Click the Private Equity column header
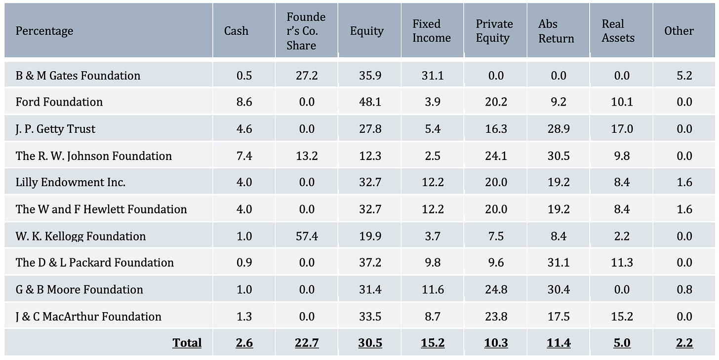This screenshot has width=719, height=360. pyautogui.click(x=494, y=31)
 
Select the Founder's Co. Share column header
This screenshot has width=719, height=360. pyautogui.click(x=306, y=31)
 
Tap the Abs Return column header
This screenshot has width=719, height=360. pyautogui.click(x=556, y=31)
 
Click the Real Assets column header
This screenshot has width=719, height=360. pyautogui.click(x=618, y=31)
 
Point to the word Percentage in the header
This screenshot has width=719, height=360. pyautogui.click(x=44, y=31)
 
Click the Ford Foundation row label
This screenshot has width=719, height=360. pyautogui.click(x=59, y=102)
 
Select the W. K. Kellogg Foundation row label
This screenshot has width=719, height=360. pyautogui.click(x=80, y=236)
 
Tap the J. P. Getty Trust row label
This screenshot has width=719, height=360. pyautogui.click(x=55, y=129)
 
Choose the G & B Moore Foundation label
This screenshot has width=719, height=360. pyautogui.click(x=79, y=289)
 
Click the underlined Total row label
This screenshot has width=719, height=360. pyautogui.click(x=187, y=343)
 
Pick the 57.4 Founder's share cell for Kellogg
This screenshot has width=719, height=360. pyautogui.click(x=306, y=236)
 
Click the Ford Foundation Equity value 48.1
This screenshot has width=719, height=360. pyautogui.click(x=370, y=102)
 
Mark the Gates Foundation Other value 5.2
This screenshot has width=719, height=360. pyautogui.click(x=684, y=76)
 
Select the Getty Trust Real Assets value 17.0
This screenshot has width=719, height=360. pyautogui.click(x=622, y=129)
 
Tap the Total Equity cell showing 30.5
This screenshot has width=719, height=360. pyautogui.click(x=370, y=343)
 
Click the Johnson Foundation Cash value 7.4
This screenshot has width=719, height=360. pyautogui.click(x=244, y=156)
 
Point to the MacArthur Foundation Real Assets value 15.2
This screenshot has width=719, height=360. pyautogui.click(x=622, y=316)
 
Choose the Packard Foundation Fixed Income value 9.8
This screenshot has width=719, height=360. pyautogui.click(x=433, y=262)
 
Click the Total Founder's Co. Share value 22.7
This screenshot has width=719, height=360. pyautogui.click(x=306, y=343)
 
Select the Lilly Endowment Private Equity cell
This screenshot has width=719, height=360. pyautogui.click(x=495, y=182)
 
